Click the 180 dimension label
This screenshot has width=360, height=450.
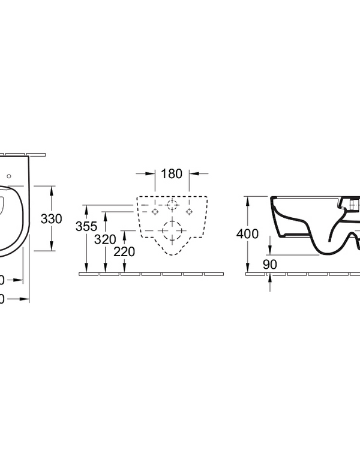point(172,175)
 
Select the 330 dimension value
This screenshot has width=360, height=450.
point(52,219)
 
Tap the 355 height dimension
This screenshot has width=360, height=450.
point(86,227)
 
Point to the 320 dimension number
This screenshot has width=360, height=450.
point(105,239)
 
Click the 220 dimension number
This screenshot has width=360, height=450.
point(124,252)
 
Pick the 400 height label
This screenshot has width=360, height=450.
point(247,234)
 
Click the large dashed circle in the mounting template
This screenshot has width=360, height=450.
point(172,230)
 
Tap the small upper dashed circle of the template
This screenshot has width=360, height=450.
point(172,206)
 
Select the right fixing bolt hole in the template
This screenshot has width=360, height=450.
point(189,212)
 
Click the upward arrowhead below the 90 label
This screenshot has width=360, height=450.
point(269,277)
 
